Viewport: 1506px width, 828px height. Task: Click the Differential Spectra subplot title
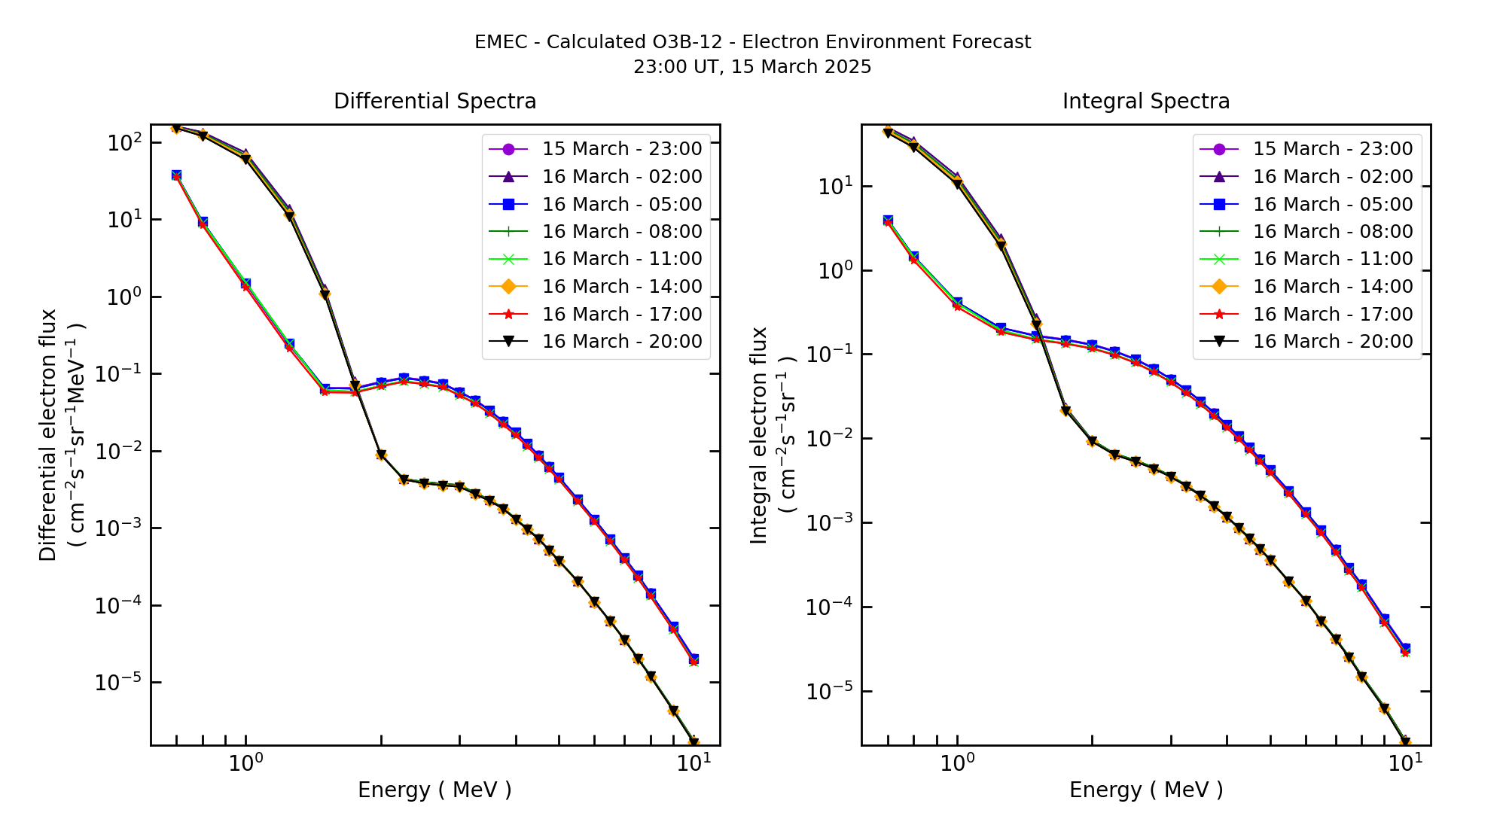pos(434,102)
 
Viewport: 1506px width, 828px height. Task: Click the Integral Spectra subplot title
pos(1145,102)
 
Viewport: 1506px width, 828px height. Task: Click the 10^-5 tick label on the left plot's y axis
pos(117,682)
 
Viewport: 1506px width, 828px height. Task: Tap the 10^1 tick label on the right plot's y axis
pos(835,186)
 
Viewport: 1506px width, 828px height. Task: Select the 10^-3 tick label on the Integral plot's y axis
pos(828,522)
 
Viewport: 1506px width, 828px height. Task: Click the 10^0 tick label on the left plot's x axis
pos(245,763)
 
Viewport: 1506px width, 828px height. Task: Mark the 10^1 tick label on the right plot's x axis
pos(1405,763)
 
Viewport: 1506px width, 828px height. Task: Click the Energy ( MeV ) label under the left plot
pos(434,790)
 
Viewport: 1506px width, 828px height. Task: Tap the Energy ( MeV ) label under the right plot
pos(1145,790)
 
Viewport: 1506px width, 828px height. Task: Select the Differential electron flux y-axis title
pos(48,435)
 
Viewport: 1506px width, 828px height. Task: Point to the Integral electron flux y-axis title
pos(759,435)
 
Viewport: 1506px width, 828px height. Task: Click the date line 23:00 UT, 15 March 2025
pos(752,67)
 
